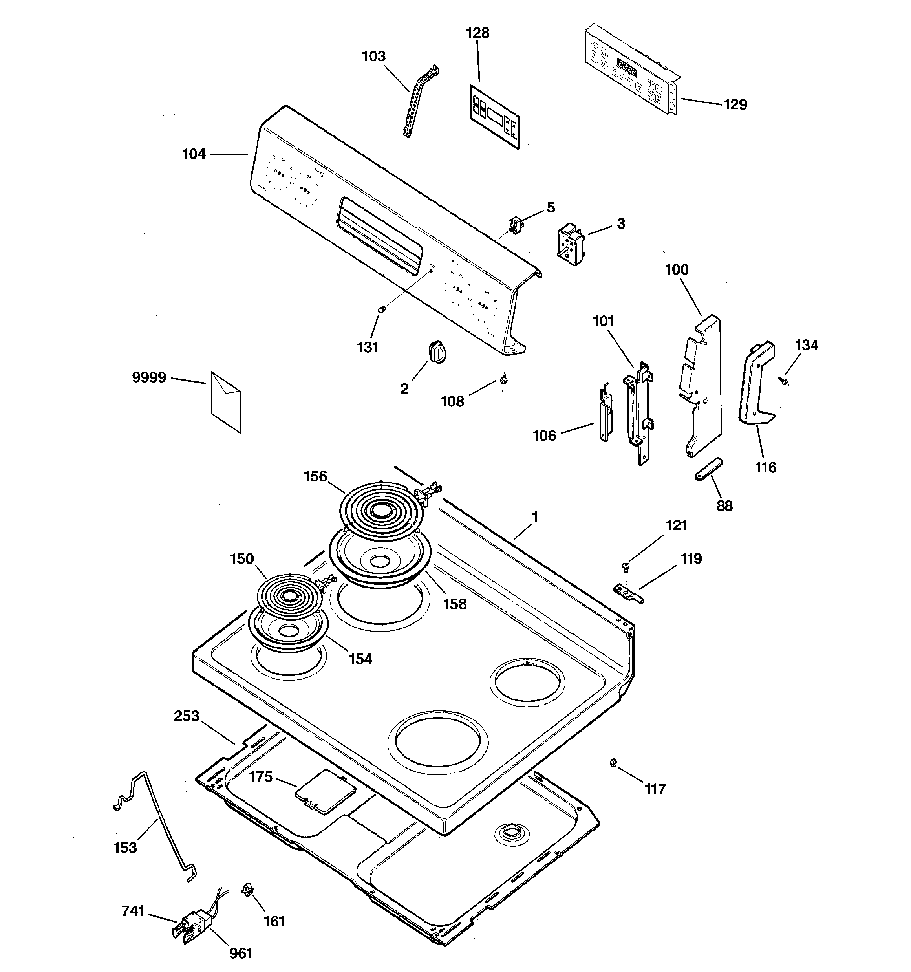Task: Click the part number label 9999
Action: click(149, 377)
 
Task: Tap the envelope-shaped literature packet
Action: click(226, 401)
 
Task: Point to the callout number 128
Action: click(477, 33)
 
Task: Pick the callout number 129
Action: click(735, 104)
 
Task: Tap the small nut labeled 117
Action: click(613, 762)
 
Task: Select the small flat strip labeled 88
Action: click(708, 469)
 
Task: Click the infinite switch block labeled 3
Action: click(571, 244)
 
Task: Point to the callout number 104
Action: click(194, 154)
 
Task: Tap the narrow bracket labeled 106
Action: click(605, 413)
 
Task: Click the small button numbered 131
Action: click(383, 309)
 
